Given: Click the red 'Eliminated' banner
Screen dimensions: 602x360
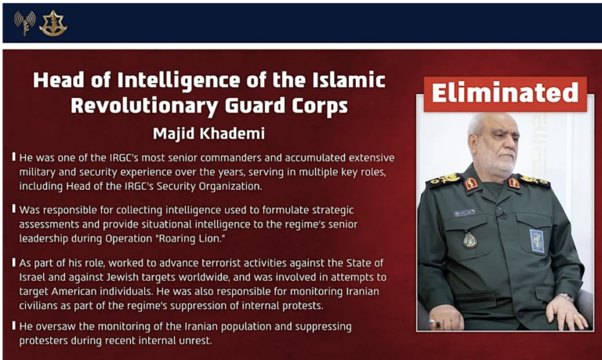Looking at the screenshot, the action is (506, 94).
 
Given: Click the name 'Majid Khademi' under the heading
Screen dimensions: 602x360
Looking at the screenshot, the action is (209, 133).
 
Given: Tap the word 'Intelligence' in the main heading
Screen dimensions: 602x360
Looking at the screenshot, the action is (179, 80).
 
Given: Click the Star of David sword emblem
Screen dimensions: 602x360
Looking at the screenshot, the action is (53, 24).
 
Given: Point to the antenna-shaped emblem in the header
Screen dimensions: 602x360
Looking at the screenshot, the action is (25, 23).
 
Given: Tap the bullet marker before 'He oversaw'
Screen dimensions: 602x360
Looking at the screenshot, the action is (14, 325).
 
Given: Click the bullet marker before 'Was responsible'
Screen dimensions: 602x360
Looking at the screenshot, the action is (14, 209).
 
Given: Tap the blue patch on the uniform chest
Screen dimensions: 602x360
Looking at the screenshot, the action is (537, 241).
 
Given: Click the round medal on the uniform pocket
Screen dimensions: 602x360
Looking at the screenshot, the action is (470, 241).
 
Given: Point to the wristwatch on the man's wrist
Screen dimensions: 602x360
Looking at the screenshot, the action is (565, 297).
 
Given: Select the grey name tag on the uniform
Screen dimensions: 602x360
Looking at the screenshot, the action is (464, 213).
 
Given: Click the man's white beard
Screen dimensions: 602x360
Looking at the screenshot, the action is (495, 165).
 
